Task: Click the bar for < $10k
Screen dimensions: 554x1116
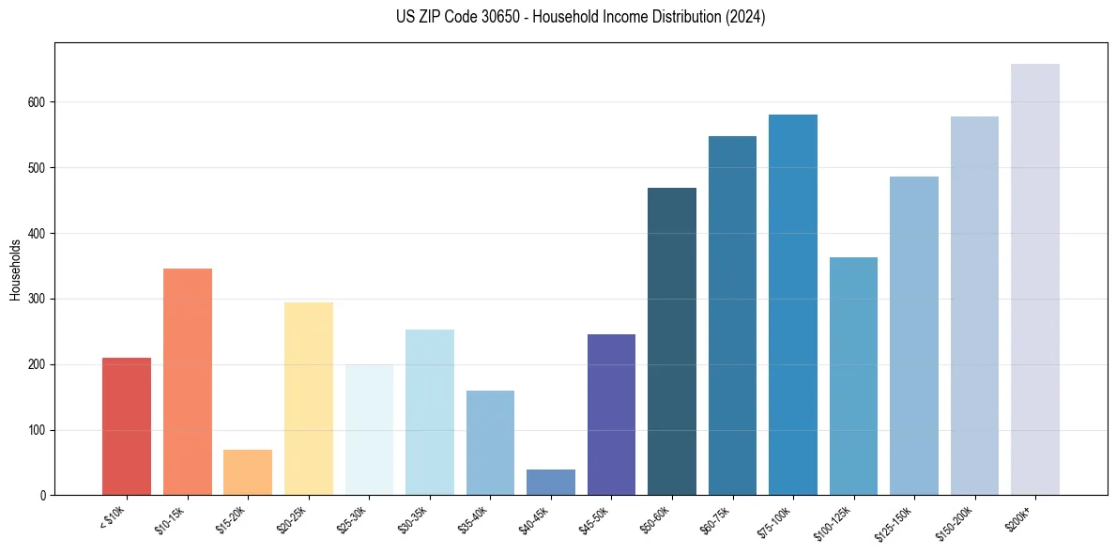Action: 127,426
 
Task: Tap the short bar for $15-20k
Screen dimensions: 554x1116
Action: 248,472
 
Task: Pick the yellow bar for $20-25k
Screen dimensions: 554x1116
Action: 309,399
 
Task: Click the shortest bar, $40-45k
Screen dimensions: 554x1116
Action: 551,483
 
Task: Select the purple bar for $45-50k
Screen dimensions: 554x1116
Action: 611,414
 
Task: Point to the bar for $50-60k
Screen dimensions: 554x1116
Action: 672,342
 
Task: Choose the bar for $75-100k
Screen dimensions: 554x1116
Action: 793,305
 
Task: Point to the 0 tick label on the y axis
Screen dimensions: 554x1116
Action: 43,496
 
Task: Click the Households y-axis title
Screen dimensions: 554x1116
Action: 15,269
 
